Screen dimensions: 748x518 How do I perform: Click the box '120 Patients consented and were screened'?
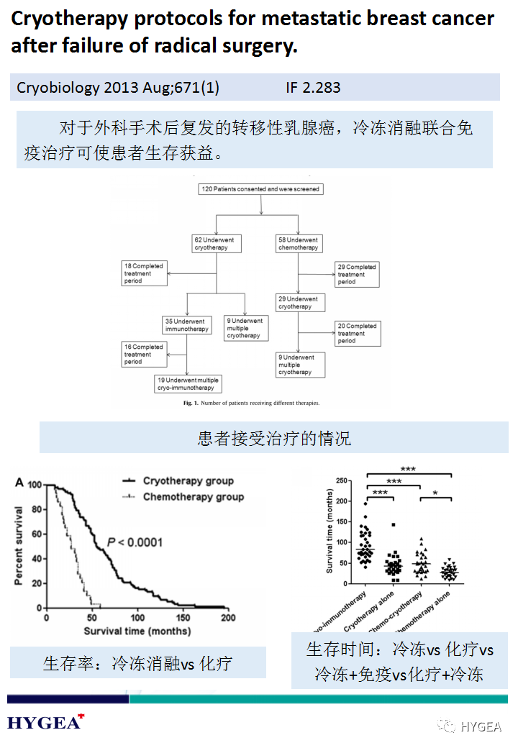[260, 189]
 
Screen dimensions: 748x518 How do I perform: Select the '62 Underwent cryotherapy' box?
[217, 244]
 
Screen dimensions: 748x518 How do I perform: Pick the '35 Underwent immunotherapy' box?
[186, 325]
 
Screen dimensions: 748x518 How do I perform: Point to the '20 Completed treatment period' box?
[358, 334]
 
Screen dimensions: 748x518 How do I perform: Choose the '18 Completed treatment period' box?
[144, 273]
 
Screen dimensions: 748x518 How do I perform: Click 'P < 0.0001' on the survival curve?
[135, 542]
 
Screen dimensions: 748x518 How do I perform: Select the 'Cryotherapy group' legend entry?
[188, 480]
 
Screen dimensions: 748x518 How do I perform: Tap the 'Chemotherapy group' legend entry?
[193, 496]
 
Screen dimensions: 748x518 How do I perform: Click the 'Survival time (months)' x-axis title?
[137, 631]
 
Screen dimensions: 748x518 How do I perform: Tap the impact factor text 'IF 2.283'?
[312, 88]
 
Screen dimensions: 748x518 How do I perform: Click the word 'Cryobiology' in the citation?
[58, 88]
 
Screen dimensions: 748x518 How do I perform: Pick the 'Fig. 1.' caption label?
[191, 403]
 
